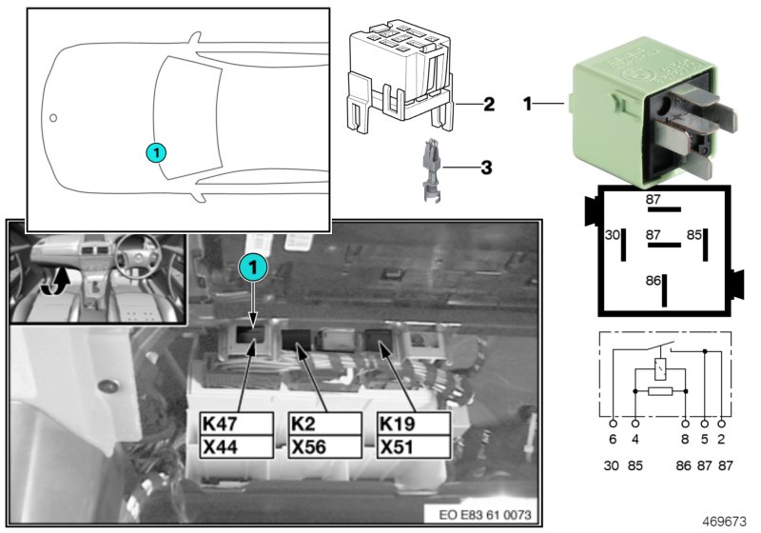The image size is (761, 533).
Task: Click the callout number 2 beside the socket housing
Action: coord(487,103)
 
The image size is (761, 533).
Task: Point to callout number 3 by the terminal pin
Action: coord(486,168)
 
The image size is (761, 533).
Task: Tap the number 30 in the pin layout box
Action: coord(613,235)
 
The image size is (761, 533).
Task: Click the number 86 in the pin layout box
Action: coord(653,282)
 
